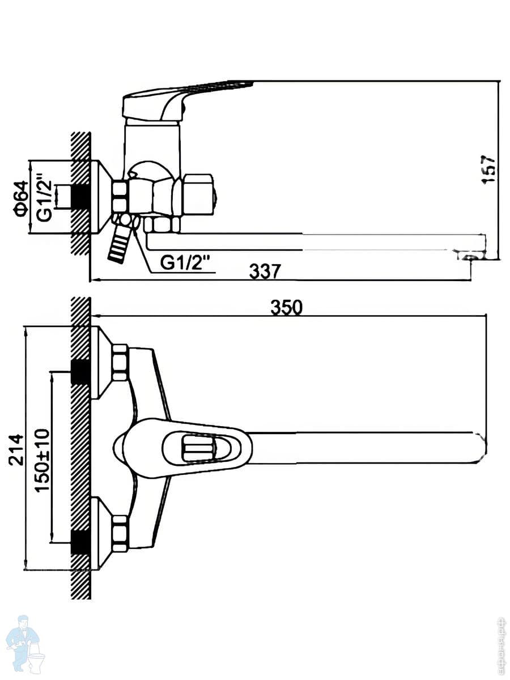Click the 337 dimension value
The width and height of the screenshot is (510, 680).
click(x=265, y=271)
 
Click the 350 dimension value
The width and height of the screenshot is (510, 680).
click(x=286, y=307)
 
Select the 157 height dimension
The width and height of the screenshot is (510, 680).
click(x=488, y=169)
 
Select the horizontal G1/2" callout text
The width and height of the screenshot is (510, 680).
click(x=185, y=262)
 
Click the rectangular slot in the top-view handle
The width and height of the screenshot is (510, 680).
click(x=198, y=449)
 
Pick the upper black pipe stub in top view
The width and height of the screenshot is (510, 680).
click(x=80, y=372)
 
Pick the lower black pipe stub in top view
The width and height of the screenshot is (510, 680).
click(x=80, y=542)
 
